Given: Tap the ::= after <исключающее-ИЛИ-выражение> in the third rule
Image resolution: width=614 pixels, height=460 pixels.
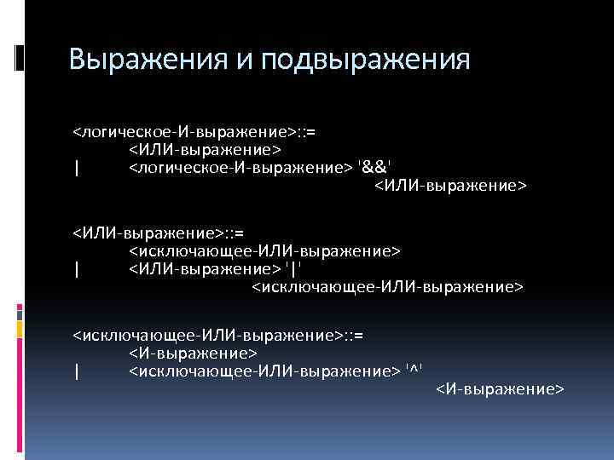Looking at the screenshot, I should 353,336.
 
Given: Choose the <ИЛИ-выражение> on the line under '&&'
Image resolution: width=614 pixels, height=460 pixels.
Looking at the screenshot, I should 451,185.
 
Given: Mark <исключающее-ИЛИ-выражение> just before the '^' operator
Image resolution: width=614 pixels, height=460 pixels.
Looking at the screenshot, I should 264,371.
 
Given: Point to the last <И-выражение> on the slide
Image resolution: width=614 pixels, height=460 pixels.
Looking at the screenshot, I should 500,388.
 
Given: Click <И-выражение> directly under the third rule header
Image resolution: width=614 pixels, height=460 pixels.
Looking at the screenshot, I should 193,353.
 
